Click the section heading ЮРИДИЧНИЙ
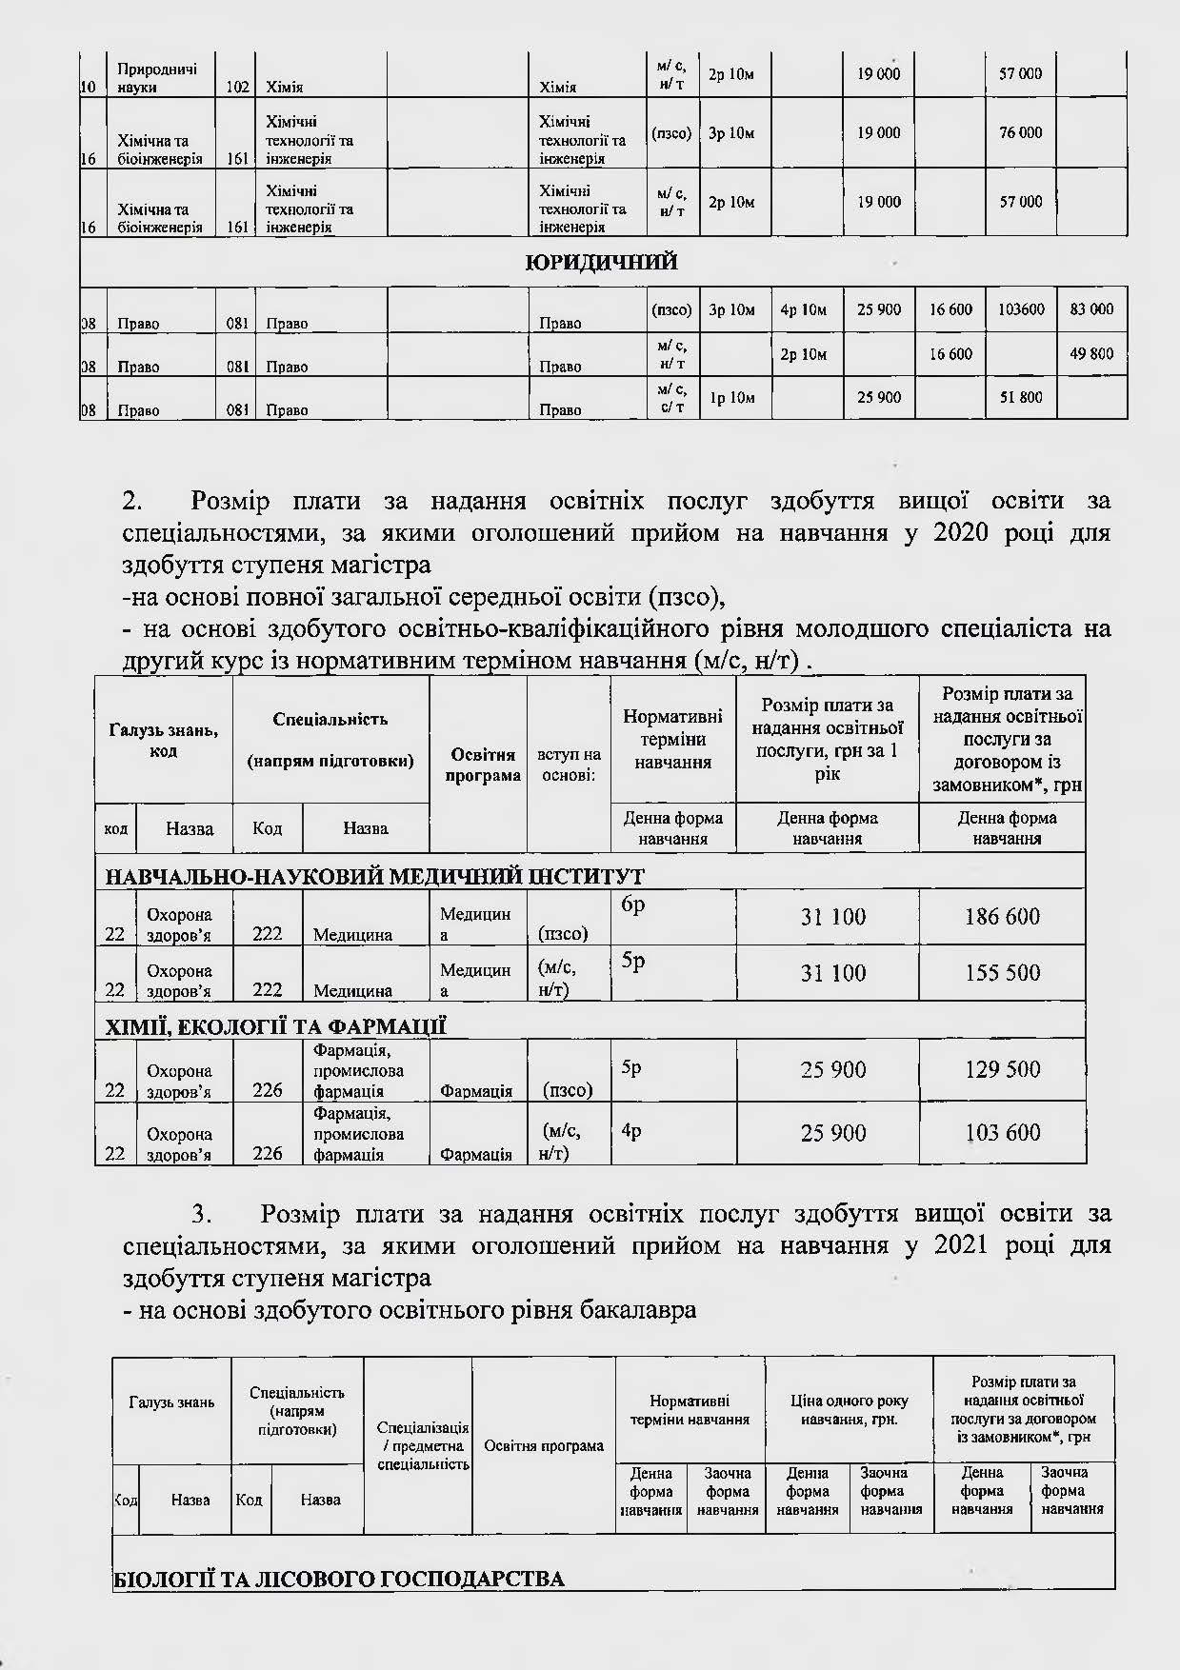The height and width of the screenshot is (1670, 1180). [602, 263]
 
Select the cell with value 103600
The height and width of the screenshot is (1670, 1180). [1020, 309]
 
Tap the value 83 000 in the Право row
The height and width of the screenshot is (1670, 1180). [1091, 309]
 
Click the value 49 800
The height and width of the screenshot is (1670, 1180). [1091, 354]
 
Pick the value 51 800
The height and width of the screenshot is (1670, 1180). [1020, 398]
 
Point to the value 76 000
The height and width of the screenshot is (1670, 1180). [1020, 133]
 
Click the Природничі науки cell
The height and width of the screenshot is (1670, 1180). [157, 78]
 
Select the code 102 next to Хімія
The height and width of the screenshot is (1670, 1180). [237, 88]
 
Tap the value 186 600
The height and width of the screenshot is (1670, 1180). [1002, 917]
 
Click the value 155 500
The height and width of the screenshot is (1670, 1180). [1002, 973]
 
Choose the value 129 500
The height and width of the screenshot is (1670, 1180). [1002, 1070]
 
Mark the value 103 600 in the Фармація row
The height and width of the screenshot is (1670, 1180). [1002, 1133]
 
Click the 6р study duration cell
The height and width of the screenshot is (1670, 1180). [633, 905]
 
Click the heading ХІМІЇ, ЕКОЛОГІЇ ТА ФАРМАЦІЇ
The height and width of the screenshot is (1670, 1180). [274, 1026]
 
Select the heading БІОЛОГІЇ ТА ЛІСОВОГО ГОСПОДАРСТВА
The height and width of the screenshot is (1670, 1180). [338, 1580]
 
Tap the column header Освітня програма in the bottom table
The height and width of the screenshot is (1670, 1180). [544, 1445]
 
